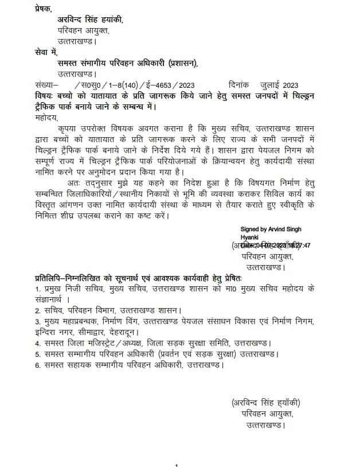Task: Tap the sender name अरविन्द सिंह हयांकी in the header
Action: tap(90, 20)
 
